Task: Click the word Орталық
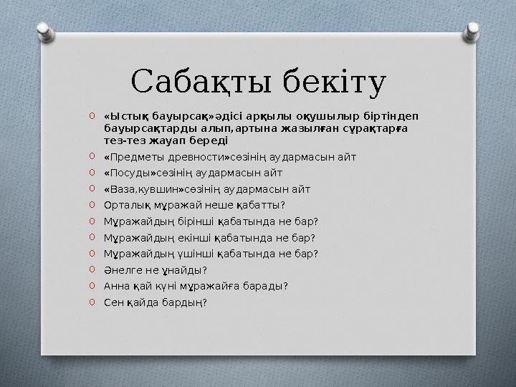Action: tap(124, 205)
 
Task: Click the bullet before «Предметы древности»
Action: tap(92, 156)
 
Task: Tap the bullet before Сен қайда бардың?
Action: tap(92, 302)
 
